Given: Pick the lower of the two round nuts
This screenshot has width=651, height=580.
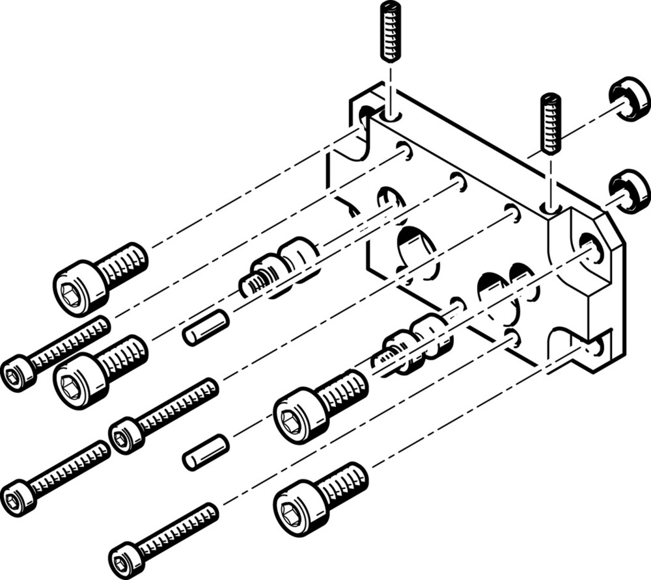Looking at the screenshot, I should coord(630,191).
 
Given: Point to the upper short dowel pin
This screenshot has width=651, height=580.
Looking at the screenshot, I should coord(206,327).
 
